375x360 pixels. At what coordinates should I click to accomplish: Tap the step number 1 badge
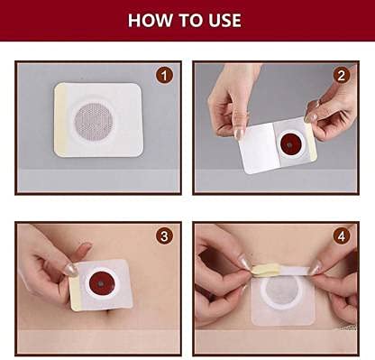164,76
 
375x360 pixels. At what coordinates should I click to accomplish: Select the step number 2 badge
342,76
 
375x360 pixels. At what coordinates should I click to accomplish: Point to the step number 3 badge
164,236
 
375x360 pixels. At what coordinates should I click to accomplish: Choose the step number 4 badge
342,236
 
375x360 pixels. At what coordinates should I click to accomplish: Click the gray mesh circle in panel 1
94,121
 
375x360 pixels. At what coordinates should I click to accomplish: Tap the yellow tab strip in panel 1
60,120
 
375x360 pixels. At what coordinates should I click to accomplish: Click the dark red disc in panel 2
289,145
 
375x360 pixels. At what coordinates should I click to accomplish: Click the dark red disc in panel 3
102,284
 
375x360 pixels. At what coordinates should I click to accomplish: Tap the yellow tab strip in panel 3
75,293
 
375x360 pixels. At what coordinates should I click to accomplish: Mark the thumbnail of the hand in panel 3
71,270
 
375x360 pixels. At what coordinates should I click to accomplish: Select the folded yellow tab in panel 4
261,270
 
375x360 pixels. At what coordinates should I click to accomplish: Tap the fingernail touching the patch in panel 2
240,134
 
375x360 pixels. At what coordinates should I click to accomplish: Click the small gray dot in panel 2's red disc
289,145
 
